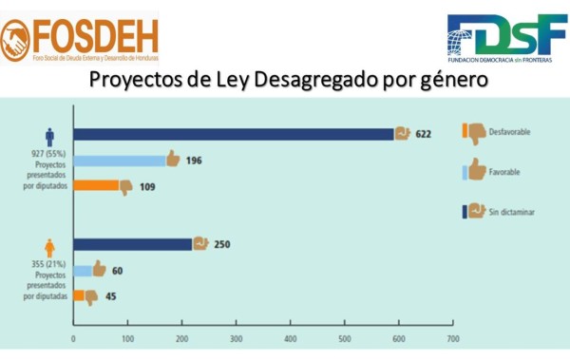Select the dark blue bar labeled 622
(x=234, y=134)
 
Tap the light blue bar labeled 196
(x=120, y=160)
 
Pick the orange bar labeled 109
(x=96, y=186)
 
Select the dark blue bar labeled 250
(x=133, y=244)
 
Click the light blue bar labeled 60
(x=83, y=270)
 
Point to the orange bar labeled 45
(x=79, y=296)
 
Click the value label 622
(x=423, y=134)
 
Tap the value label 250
(x=221, y=244)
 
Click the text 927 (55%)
(x=47, y=152)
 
